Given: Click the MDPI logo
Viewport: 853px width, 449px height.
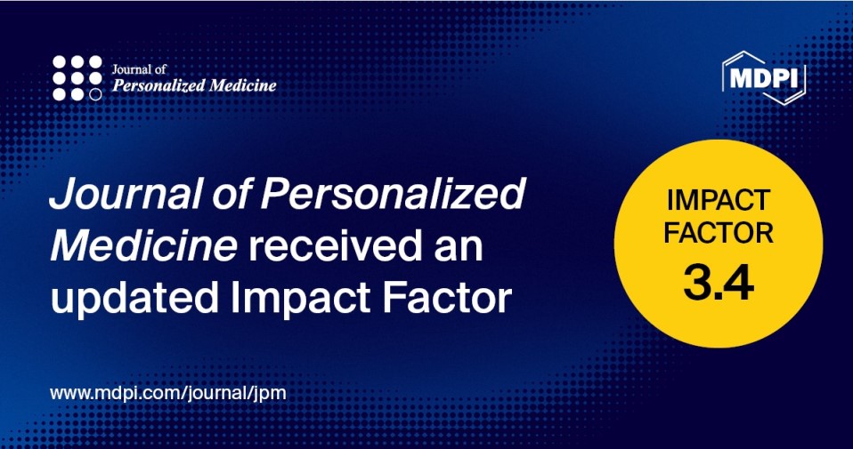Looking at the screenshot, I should (x=765, y=78).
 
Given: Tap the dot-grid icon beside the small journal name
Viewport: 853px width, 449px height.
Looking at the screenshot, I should (x=77, y=78).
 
